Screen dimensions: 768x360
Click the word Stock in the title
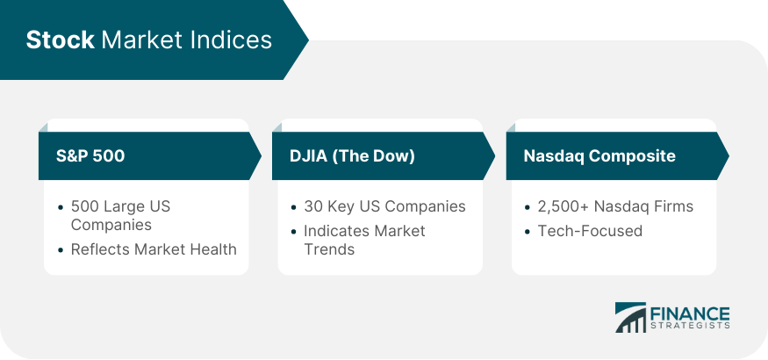click(x=60, y=40)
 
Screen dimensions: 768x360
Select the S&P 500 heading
click(x=90, y=155)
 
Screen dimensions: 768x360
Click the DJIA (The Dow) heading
click(x=352, y=155)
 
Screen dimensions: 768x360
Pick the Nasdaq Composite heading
click(x=599, y=155)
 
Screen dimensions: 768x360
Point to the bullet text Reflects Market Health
click(x=154, y=249)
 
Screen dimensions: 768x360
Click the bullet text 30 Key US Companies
click(x=384, y=206)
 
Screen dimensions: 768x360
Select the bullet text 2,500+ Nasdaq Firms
click(x=615, y=206)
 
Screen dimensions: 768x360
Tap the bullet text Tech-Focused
click(x=590, y=230)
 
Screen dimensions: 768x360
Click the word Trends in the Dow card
click(x=329, y=249)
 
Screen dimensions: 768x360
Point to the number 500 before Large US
click(x=85, y=206)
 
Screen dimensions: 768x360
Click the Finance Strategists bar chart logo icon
click(x=630, y=317)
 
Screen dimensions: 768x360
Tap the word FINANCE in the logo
click(x=690, y=313)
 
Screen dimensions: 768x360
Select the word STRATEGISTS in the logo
click(x=690, y=326)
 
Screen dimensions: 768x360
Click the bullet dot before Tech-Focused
click(x=527, y=231)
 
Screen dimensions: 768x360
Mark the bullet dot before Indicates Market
click(x=293, y=231)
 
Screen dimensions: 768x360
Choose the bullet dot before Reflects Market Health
click(x=61, y=249)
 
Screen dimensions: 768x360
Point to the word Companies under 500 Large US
click(x=111, y=225)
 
